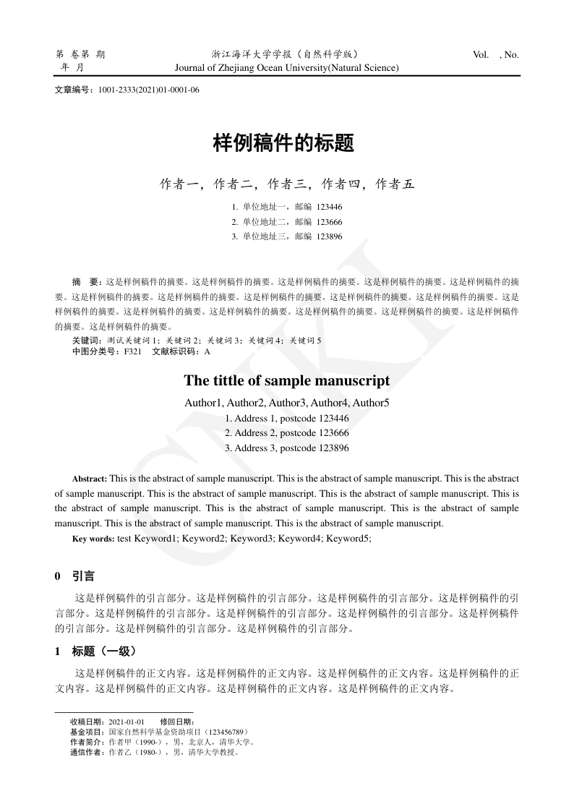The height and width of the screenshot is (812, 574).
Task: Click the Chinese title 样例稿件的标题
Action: coord(283,143)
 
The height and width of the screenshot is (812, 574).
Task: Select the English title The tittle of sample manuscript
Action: coord(287,380)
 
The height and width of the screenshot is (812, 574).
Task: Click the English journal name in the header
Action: coord(287,68)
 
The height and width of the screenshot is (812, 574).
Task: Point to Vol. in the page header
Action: coord(480,54)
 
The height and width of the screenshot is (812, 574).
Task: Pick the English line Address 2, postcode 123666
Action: coord(287,433)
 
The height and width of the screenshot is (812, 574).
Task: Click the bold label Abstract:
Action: coord(90,479)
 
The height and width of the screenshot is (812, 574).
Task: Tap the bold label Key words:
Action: coord(93,539)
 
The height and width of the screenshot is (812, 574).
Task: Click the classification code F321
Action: coord(132,351)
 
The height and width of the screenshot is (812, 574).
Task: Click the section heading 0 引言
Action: coord(75,577)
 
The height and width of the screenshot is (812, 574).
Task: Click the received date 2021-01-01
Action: coord(127,722)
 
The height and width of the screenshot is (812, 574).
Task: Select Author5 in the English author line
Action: coord(371,402)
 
